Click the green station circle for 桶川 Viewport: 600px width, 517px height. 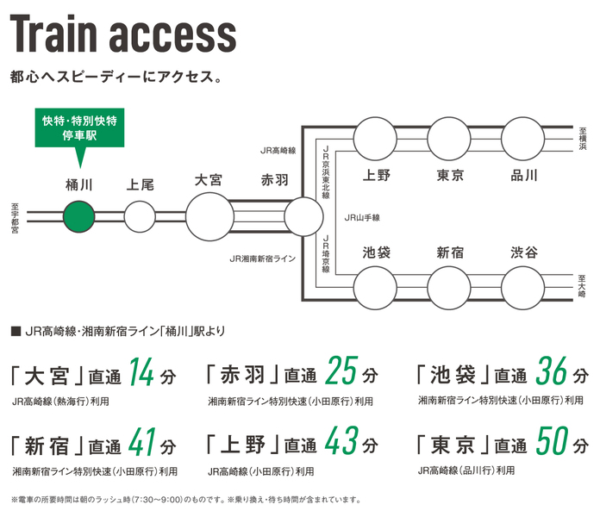[78, 214]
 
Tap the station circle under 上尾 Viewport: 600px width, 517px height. [140, 214]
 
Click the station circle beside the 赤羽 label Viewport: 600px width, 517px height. [303, 214]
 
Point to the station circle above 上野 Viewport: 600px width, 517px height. [376, 138]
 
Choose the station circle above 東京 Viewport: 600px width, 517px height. [449, 138]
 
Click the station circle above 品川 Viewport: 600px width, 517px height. [523, 138]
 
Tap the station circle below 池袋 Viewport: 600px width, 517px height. [376, 286]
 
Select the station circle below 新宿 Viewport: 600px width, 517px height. [449, 286]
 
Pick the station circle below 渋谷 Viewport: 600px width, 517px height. [523, 286]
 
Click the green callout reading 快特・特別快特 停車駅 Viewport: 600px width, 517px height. [79, 129]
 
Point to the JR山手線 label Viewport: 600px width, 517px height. [362, 217]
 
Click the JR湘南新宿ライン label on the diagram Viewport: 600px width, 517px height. [262, 258]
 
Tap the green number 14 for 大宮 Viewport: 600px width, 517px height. [141, 373]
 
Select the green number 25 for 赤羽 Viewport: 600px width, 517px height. [342, 373]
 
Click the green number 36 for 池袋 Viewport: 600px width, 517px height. [552, 373]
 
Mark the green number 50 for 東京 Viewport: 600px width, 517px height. [551, 444]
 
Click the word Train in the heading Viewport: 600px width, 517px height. [61, 35]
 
